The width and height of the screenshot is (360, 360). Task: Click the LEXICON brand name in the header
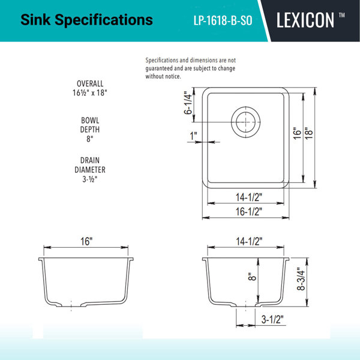(x=305, y=20)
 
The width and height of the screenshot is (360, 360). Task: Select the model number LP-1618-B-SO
(x=223, y=20)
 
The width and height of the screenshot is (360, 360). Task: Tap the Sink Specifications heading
(x=86, y=20)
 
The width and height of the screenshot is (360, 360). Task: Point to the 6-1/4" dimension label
(x=188, y=103)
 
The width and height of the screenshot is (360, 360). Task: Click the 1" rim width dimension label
(x=194, y=136)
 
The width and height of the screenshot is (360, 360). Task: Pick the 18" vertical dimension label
(x=309, y=133)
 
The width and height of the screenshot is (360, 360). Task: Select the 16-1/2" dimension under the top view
(x=248, y=211)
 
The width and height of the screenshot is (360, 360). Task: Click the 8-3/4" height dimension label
(x=301, y=279)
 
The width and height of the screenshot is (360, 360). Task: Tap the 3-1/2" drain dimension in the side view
(x=272, y=319)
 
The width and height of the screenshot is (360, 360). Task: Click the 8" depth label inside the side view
(x=252, y=277)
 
